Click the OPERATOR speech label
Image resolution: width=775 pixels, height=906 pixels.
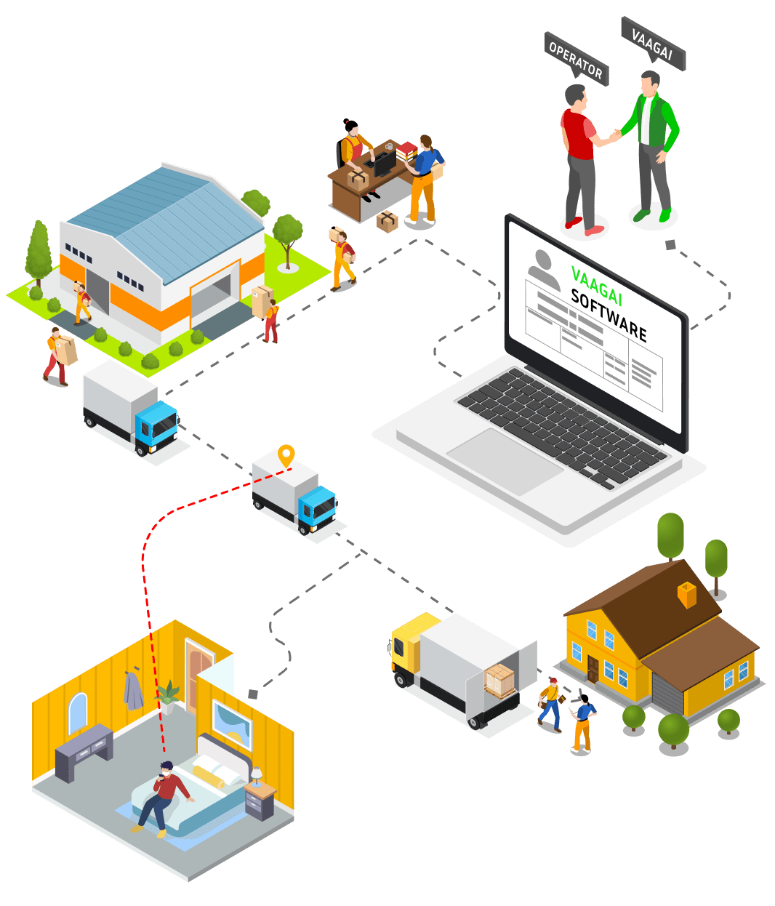(x=576, y=59)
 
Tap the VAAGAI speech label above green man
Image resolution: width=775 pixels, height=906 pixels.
(x=652, y=44)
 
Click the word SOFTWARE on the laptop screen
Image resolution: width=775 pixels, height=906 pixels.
(x=609, y=315)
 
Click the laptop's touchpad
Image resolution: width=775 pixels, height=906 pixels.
(x=505, y=461)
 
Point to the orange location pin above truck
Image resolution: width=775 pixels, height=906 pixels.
(x=286, y=456)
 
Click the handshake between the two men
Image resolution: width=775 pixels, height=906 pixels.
(x=615, y=135)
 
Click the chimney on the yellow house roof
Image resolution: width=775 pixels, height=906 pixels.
(x=686, y=595)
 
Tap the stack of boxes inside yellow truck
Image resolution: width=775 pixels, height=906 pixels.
(x=500, y=681)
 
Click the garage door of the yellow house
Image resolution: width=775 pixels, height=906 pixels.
(x=667, y=694)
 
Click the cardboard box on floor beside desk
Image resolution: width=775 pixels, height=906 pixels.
(x=387, y=220)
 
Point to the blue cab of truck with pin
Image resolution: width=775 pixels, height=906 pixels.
(x=318, y=508)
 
